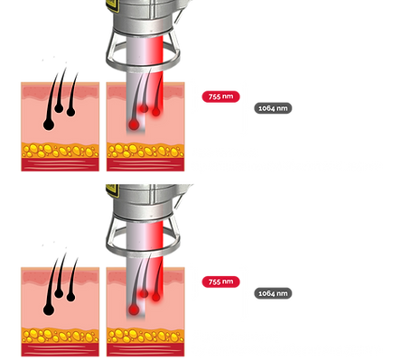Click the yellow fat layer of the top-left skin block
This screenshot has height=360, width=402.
[x=60, y=148]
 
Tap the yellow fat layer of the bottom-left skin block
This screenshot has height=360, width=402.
[x=60, y=335]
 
